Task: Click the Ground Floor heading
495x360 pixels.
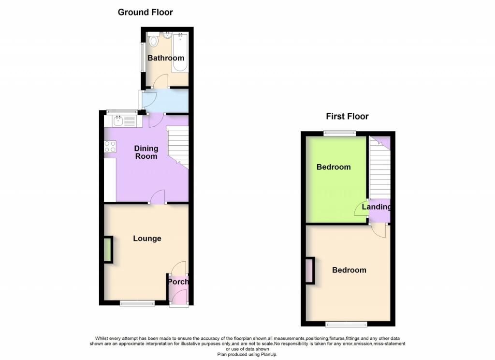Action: (x=145, y=12)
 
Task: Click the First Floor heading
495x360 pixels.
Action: (x=347, y=116)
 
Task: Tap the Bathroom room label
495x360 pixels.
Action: (x=166, y=58)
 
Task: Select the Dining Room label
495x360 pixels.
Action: (x=146, y=152)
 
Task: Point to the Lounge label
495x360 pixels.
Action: (x=147, y=239)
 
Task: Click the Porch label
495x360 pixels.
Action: (x=178, y=282)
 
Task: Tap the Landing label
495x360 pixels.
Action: (x=377, y=207)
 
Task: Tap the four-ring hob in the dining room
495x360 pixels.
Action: (x=110, y=146)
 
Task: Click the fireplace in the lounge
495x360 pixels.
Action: (x=108, y=250)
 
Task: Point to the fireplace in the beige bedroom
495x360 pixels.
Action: (x=309, y=271)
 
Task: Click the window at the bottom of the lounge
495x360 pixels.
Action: (x=137, y=303)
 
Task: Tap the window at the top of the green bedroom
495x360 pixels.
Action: (x=339, y=133)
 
